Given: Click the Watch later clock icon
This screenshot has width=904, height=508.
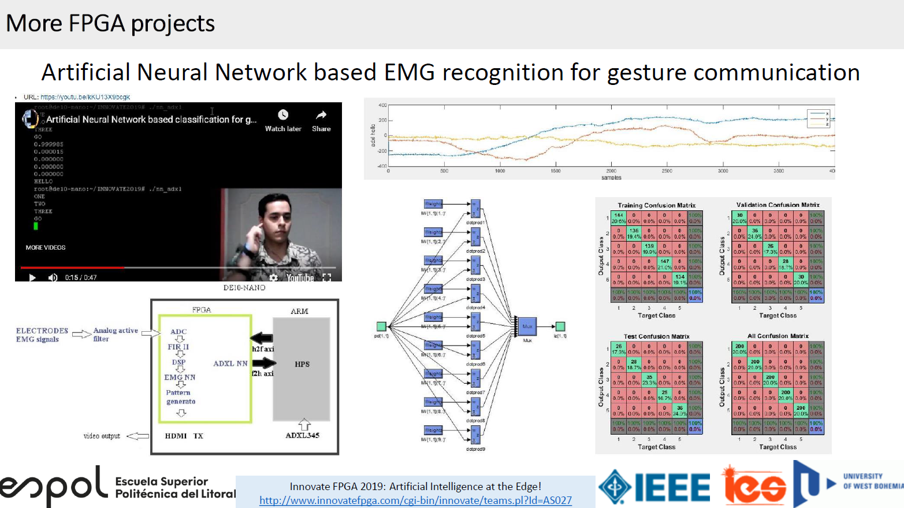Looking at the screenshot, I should coord(283,115).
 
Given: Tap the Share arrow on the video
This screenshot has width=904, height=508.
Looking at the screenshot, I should coord(321,115).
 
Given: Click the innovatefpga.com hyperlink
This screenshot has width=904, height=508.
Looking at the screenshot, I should coord(415,500).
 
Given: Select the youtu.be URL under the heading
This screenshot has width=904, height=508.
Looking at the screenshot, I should coord(85,97).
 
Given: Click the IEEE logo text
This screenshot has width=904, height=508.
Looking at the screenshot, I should coord(672,487).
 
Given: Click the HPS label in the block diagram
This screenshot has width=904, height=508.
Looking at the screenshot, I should coord(302,364).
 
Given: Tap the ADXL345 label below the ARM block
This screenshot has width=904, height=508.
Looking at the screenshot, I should coord(302,435).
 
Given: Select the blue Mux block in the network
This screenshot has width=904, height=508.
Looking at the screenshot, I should coord(527,327).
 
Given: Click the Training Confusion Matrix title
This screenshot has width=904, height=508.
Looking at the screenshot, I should coord(656,205).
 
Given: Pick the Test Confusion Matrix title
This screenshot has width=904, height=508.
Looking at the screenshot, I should coord(656,336).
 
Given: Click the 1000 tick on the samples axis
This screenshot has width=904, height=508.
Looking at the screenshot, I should coord(500,171).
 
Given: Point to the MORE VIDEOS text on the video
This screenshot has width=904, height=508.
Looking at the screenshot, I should coord(46,247).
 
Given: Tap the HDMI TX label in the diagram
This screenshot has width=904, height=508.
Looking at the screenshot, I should coord(184,436).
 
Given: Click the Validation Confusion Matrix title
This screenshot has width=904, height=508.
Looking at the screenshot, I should coord(777,205).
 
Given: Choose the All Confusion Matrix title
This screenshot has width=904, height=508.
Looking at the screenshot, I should coord(777,336).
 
